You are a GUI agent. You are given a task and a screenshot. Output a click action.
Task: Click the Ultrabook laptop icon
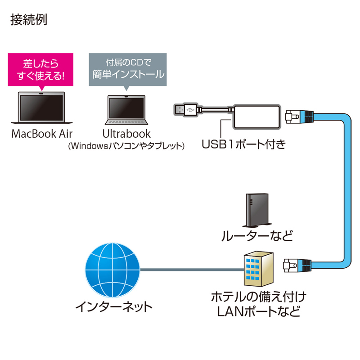point(126,110)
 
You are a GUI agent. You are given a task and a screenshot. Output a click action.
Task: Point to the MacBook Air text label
point(42,134)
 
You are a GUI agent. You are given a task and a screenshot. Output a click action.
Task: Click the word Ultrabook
point(126,134)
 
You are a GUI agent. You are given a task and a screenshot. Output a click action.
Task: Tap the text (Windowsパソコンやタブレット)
point(126,146)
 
